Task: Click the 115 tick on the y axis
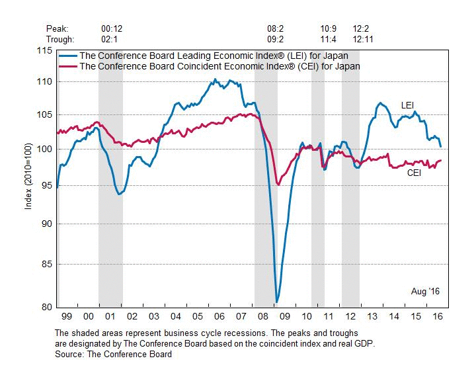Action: tap(46, 52)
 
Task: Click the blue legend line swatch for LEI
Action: tap(67, 56)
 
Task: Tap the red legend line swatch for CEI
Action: tap(67, 66)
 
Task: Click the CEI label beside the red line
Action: tap(415, 173)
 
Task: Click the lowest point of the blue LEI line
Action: tap(276, 302)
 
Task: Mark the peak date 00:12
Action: tap(112, 29)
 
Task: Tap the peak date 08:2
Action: tap(275, 29)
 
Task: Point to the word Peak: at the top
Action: tap(58, 29)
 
